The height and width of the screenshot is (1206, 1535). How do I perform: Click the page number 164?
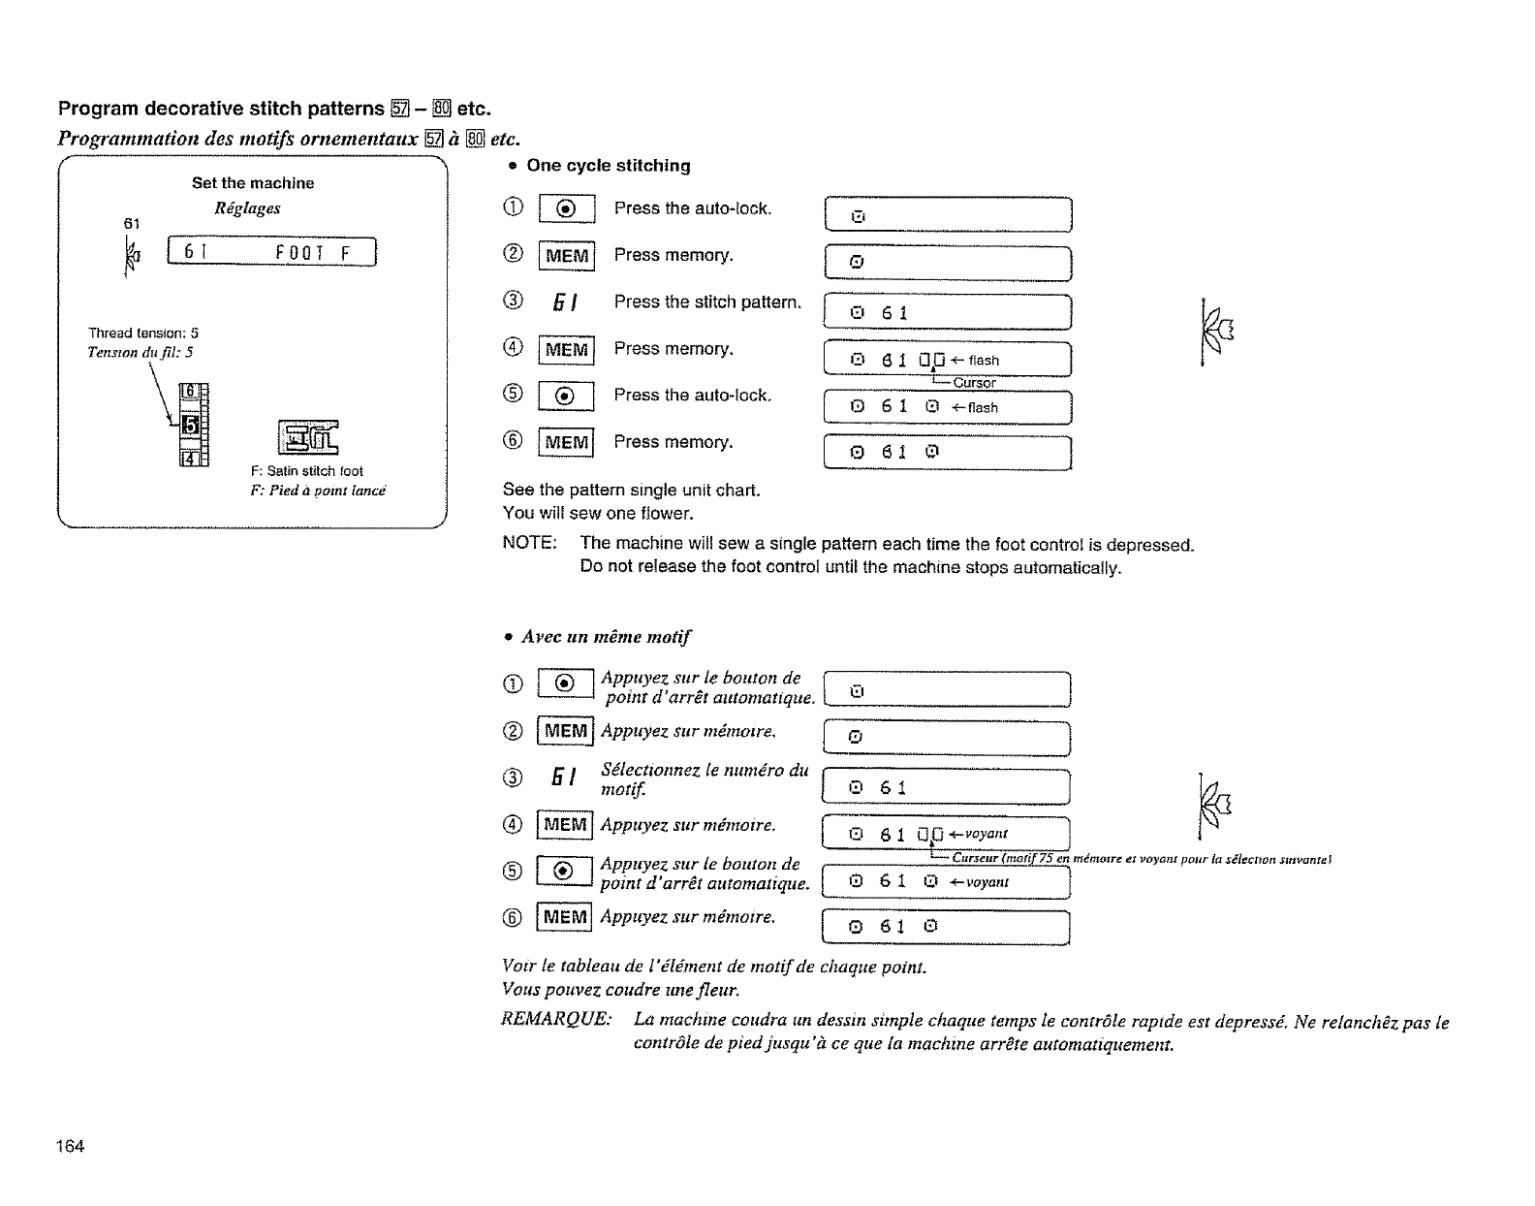pyautogui.click(x=71, y=1147)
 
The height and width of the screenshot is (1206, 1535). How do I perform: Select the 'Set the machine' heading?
pyautogui.click(x=253, y=183)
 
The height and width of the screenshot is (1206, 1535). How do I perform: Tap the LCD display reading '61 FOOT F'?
pyautogui.click(x=272, y=253)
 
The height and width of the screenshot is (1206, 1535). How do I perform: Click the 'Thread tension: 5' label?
pyautogui.click(x=143, y=333)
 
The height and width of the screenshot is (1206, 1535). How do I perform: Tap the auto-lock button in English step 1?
pyautogui.click(x=567, y=209)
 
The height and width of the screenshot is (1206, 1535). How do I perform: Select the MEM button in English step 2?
pyautogui.click(x=567, y=256)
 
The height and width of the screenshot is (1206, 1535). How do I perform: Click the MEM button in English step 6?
pyautogui.click(x=567, y=443)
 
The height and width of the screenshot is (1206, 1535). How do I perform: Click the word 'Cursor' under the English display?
pyautogui.click(x=974, y=383)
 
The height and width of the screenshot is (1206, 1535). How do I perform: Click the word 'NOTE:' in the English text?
pyautogui.click(x=529, y=543)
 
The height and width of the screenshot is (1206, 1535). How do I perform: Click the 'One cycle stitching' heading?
pyautogui.click(x=608, y=166)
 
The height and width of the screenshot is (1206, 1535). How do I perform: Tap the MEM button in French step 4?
pyautogui.click(x=566, y=825)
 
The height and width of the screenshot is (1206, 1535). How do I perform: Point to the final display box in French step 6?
pyautogui.click(x=945, y=927)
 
